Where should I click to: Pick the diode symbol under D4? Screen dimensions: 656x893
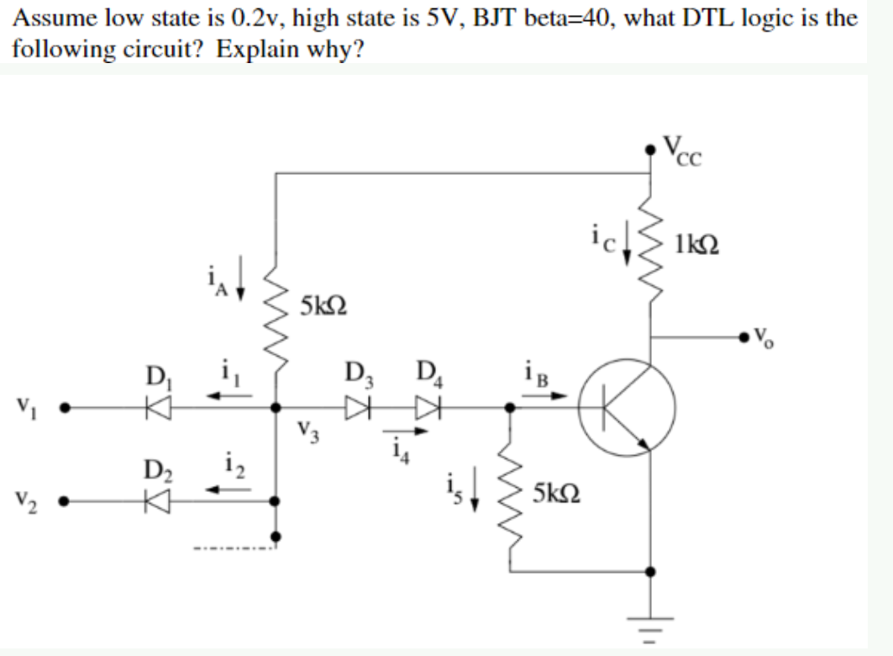click(428, 410)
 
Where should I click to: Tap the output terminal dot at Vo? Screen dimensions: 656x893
click(743, 337)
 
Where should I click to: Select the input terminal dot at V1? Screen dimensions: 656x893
click(74, 410)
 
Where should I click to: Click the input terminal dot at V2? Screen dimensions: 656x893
click(74, 503)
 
